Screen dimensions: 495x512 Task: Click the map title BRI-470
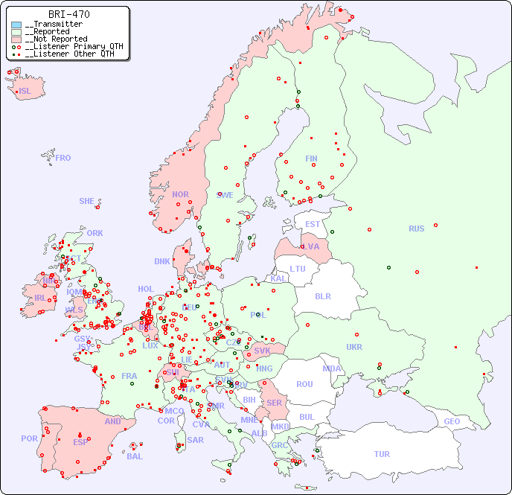69,14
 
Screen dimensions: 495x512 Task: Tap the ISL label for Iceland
25,92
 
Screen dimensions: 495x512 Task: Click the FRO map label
63,158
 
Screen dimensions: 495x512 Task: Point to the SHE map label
87,201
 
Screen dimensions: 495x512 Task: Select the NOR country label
180,194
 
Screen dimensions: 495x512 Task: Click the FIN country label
311,159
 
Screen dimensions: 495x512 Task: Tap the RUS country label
416,229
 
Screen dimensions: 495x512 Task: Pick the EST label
313,224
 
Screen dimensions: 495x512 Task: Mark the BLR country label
322,296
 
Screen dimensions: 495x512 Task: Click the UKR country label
354,347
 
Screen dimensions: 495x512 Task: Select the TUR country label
382,454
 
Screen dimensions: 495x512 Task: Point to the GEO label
452,421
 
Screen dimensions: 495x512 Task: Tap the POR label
29,438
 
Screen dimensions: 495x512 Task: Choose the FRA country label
129,376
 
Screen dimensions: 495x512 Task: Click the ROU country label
304,384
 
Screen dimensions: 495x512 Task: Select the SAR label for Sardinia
195,440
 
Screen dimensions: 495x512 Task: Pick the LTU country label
298,269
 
